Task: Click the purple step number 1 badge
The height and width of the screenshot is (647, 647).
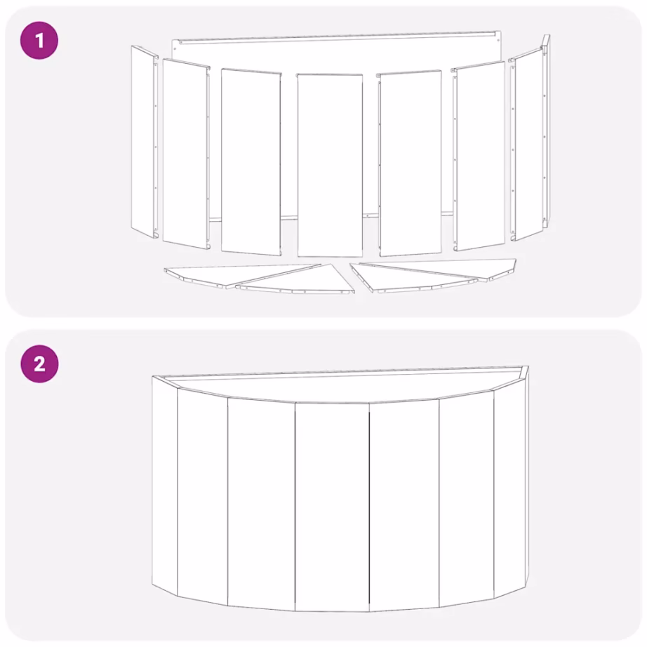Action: pos(39,40)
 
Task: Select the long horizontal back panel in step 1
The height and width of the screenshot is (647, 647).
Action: pos(337,53)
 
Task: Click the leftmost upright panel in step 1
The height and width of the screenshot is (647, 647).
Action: pos(144,140)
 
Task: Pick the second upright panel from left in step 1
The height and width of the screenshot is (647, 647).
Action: pos(185,154)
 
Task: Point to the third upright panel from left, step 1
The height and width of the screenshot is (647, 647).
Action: pos(251,161)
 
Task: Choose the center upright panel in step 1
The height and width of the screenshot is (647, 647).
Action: pos(330,164)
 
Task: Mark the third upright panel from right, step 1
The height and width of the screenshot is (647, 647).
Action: pos(411,162)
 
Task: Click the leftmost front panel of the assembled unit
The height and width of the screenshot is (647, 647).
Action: pos(165,484)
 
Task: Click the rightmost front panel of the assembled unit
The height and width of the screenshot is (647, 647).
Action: pos(509,484)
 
